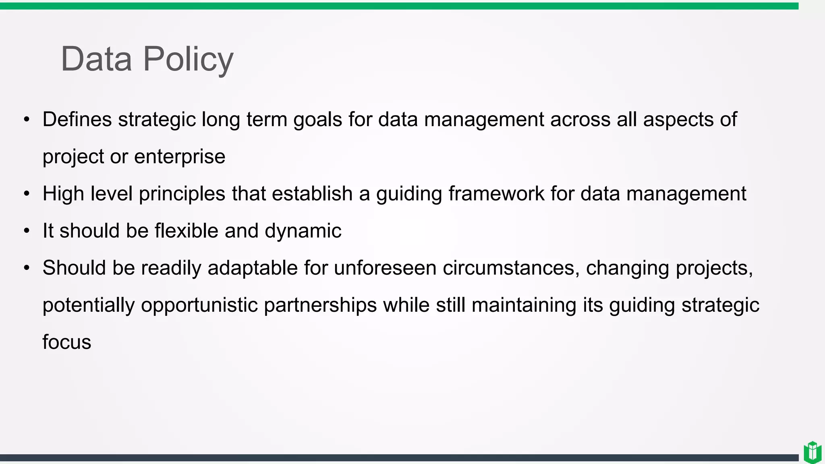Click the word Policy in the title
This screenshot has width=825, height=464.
point(188,60)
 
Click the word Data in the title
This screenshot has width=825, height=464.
point(96,60)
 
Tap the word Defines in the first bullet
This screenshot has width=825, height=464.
point(77,120)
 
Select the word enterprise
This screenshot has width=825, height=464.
point(180,157)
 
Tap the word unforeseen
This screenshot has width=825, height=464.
point(385,268)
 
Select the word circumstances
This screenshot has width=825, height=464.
point(511,268)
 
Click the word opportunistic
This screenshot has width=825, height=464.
point(199,305)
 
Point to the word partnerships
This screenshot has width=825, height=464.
point(320,305)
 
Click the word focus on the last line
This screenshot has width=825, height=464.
point(67,342)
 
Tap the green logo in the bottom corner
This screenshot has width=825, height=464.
point(812,452)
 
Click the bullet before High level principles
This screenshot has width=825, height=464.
point(27,194)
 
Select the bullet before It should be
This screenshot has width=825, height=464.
point(27,231)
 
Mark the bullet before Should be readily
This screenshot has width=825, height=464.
point(27,268)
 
